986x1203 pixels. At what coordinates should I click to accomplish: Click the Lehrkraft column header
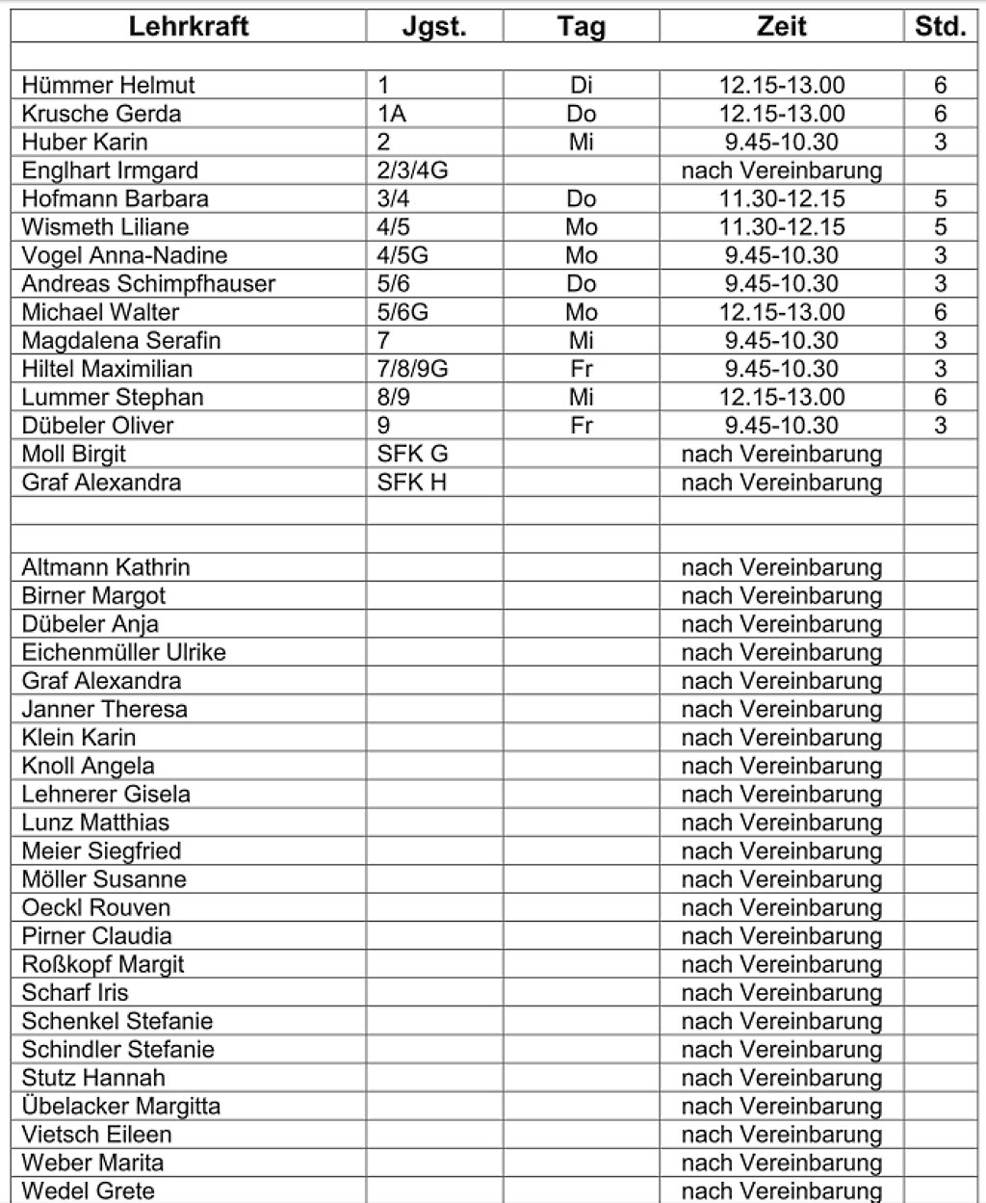pyautogui.click(x=189, y=26)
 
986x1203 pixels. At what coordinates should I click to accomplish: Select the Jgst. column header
pyautogui.click(x=434, y=26)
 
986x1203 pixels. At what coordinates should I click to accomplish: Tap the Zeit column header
pyautogui.click(x=781, y=26)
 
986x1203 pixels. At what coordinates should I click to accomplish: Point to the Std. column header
pyautogui.click(x=940, y=26)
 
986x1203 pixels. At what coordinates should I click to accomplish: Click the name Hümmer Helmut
pyautogui.click(x=108, y=85)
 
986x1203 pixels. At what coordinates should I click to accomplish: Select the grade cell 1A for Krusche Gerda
pyautogui.click(x=392, y=114)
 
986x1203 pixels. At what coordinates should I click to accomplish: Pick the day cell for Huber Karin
pyautogui.click(x=581, y=142)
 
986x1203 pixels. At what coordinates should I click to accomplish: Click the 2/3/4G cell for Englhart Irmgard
pyautogui.click(x=413, y=170)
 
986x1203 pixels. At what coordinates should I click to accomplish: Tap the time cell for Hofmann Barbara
pyautogui.click(x=781, y=198)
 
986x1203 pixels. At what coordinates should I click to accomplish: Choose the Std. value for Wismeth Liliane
pyautogui.click(x=940, y=227)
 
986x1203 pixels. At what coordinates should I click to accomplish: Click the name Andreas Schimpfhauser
pyautogui.click(x=148, y=284)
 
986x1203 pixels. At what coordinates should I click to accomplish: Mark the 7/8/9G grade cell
pyautogui.click(x=413, y=369)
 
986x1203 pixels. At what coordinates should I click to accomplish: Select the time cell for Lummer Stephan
pyautogui.click(x=781, y=397)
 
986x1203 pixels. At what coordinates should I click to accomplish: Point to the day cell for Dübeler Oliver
pyautogui.click(x=581, y=426)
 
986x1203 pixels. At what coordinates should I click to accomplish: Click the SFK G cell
pyautogui.click(x=413, y=454)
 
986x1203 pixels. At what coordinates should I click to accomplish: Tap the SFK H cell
pyautogui.click(x=412, y=483)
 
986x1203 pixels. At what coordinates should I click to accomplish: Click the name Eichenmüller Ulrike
pyautogui.click(x=123, y=652)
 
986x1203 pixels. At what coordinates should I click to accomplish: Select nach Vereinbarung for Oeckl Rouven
pyautogui.click(x=781, y=907)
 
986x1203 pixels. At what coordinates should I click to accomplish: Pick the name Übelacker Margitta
pyautogui.click(x=120, y=1106)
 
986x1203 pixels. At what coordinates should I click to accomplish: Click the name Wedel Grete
pyautogui.click(x=88, y=1190)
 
